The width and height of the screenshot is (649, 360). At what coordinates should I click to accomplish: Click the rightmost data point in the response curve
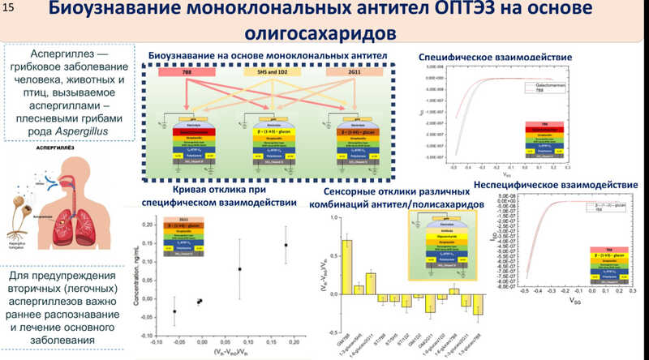(x=285, y=245)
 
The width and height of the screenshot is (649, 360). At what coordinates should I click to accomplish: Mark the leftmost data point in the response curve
(x=174, y=311)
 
